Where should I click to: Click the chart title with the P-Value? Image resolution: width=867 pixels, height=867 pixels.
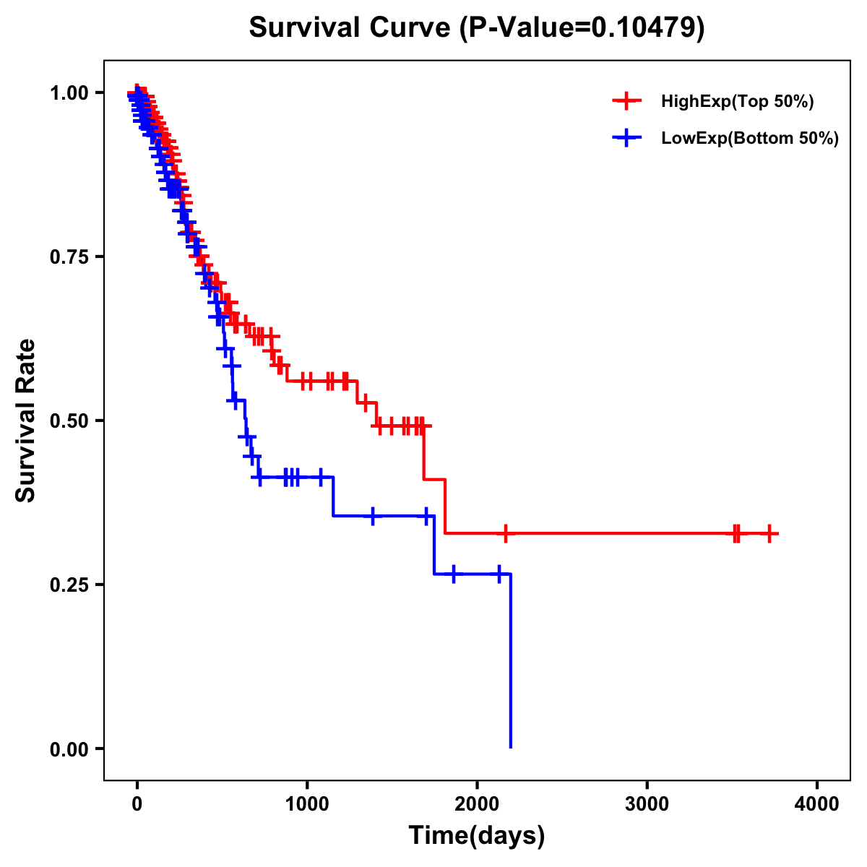click(476, 27)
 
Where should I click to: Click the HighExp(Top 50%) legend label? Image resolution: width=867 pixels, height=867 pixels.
click(737, 102)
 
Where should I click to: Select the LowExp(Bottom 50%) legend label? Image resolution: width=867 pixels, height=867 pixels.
click(750, 139)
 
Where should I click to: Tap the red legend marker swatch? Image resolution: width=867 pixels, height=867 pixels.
click(626, 101)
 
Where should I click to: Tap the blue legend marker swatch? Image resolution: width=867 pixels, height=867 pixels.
click(626, 138)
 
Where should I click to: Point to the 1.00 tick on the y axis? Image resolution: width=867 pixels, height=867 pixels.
click(69, 92)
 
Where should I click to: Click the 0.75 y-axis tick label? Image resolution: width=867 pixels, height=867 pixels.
click(69, 256)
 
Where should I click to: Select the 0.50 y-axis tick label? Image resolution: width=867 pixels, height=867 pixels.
click(69, 420)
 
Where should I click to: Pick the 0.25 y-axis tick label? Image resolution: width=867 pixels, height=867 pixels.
click(69, 585)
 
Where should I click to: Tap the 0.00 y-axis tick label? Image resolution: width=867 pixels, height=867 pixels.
click(69, 749)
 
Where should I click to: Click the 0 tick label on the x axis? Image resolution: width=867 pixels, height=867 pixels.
click(137, 804)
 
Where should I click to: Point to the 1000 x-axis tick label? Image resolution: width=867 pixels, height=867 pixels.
click(307, 804)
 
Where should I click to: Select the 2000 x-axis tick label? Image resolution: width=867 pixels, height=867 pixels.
click(477, 804)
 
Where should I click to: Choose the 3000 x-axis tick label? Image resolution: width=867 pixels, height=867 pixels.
click(647, 804)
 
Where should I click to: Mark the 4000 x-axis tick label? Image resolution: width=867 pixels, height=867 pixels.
click(817, 804)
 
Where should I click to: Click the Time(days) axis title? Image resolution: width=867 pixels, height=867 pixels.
click(477, 836)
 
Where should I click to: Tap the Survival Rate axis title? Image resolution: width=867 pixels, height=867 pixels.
click(26, 420)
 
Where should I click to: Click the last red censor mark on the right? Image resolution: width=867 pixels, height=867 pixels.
click(770, 534)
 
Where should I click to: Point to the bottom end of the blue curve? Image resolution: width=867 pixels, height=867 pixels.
click(511, 746)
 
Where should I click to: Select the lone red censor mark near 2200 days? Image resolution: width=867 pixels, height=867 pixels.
click(506, 534)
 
